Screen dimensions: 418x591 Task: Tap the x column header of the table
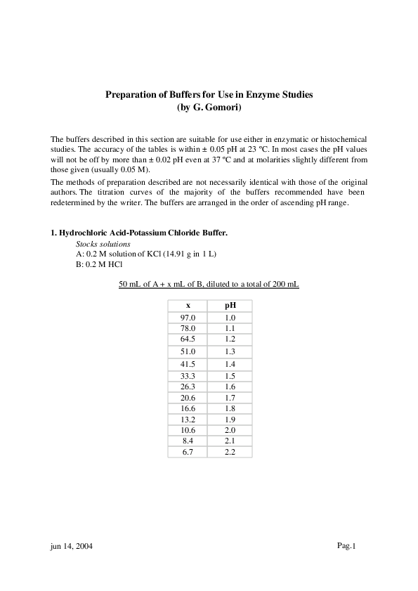pos(188,306)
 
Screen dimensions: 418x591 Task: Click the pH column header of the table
pos(230,306)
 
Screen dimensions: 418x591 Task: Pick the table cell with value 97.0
pos(188,318)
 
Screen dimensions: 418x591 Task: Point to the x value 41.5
pos(188,364)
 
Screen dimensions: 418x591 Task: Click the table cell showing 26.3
pos(188,387)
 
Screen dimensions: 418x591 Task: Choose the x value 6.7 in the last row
pos(188,452)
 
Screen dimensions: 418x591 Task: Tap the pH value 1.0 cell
pos(230,318)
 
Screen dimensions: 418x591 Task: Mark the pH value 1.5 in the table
pos(230,376)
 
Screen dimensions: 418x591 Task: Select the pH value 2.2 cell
pos(230,452)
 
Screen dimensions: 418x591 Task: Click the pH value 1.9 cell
pos(230,420)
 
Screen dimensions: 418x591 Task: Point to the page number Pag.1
pos(347,546)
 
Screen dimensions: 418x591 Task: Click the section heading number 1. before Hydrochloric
pos(53,232)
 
